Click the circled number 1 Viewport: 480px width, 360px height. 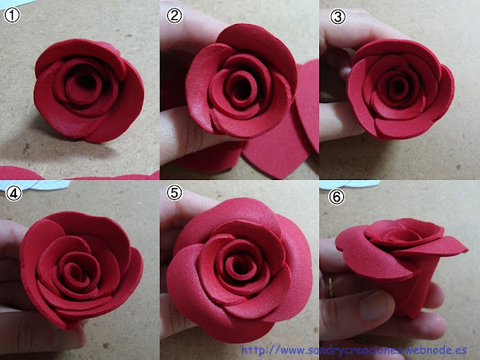tap(12, 15)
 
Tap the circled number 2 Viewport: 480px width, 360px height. tap(174, 15)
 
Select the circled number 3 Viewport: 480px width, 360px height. tap(338, 17)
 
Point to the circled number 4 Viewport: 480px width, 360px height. tap(14, 193)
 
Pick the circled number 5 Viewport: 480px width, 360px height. tap(174, 193)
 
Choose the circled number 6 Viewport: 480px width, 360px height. tap(337, 197)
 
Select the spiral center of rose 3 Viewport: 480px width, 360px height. tap(398, 86)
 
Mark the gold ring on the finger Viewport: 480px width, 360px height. tap(330, 287)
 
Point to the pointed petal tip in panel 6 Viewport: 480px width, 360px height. tap(466, 251)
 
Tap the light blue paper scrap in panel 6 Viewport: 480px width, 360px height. tap(349, 184)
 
